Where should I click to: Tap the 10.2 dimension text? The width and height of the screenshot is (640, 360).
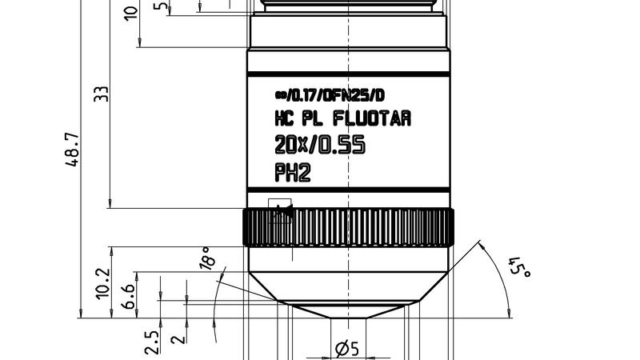point(102,283)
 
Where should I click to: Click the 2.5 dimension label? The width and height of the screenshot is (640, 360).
point(151,341)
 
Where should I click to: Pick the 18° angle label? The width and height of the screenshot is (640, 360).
point(207,259)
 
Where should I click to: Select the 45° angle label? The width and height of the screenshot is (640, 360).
point(522,268)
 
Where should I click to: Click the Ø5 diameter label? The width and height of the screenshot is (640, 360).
point(346,349)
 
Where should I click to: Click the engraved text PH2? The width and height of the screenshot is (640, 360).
point(292,172)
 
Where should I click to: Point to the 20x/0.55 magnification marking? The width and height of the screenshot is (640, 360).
point(319,146)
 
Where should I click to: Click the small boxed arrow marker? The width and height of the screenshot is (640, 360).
point(280,210)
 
